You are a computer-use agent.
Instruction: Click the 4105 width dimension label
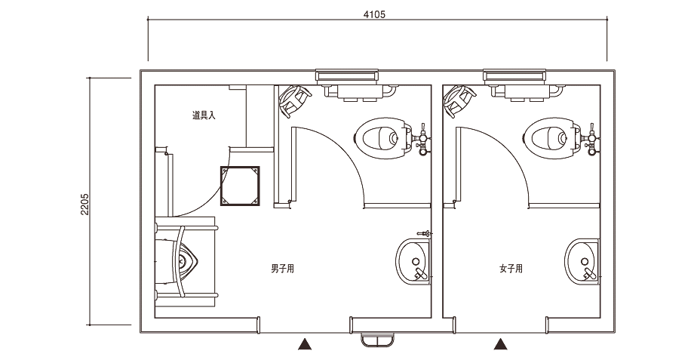coord(374,14)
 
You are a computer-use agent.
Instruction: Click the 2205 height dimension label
coord(85,204)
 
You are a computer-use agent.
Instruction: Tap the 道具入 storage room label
coord(204,116)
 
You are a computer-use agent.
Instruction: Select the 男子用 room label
coord(282,269)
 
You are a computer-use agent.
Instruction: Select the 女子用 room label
coord(511,269)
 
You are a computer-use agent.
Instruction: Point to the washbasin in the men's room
coord(413,262)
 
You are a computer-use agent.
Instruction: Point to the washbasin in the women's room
coord(582,262)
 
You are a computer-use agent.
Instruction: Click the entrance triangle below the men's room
coord(305,344)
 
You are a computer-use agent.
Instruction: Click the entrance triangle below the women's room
coord(501,344)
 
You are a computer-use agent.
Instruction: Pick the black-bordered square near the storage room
coord(240,186)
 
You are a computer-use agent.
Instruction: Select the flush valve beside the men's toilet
coord(422,139)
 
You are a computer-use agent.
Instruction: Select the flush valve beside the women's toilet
coord(591,139)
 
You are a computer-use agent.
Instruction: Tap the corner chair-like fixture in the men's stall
coord(293,100)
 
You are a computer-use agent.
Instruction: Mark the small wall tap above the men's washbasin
coord(425,233)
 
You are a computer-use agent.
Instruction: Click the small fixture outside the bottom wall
coord(377,340)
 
